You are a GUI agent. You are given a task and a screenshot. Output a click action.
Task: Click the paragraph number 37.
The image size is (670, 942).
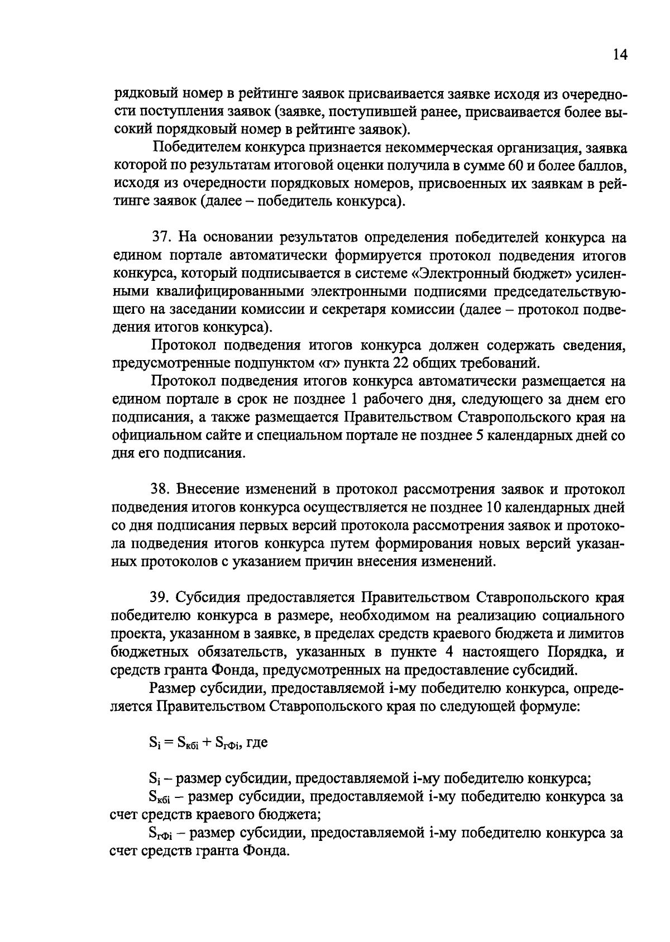(160, 237)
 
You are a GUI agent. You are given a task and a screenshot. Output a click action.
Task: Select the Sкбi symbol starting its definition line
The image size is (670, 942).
(161, 797)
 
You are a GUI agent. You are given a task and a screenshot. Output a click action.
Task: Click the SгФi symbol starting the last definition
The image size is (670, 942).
(162, 834)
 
